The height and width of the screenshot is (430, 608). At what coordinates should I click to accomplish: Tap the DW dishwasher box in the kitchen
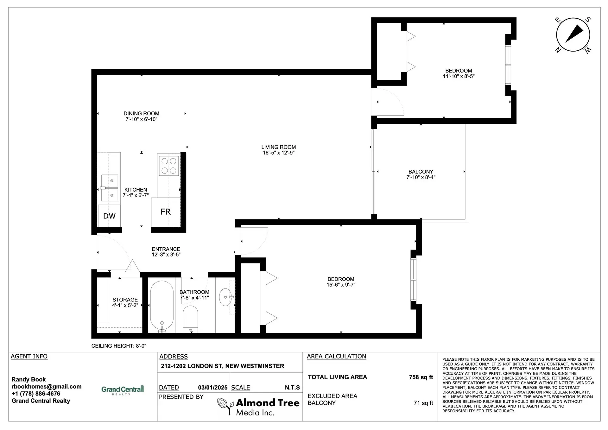click(x=109, y=216)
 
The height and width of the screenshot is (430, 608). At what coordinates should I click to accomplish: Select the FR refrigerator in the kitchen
click(x=166, y=212)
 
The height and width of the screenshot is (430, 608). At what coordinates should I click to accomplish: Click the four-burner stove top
click(x=169, y=166)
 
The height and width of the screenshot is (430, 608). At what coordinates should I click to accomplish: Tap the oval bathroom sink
click(x=226, y=297)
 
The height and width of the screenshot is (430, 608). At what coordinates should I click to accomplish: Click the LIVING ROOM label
click(x=278, y=147)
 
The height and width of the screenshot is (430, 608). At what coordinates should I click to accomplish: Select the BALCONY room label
click(x=421, y=172)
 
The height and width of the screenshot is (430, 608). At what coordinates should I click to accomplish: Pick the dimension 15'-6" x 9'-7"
click(x=341, y=285)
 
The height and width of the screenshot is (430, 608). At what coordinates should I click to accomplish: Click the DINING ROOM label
click(x=141, y=113)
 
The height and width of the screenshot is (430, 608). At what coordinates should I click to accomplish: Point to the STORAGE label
click(x=125, y=300)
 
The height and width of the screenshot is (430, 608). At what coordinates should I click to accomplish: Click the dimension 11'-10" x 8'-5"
click(x=459, y=76)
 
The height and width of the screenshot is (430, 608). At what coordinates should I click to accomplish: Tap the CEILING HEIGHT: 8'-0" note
click(x=119, y=346)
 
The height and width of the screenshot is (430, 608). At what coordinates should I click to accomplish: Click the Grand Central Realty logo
click(x=123, y=390)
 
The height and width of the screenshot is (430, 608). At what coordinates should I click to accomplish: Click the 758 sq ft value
click(x=421, y=377)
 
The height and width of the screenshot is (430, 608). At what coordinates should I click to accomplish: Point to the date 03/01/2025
click(x=213, y=388)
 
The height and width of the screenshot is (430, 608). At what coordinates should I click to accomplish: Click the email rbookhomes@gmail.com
click(x=47, y=387)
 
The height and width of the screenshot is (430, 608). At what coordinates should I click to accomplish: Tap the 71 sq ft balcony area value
click(x=423, y=403)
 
